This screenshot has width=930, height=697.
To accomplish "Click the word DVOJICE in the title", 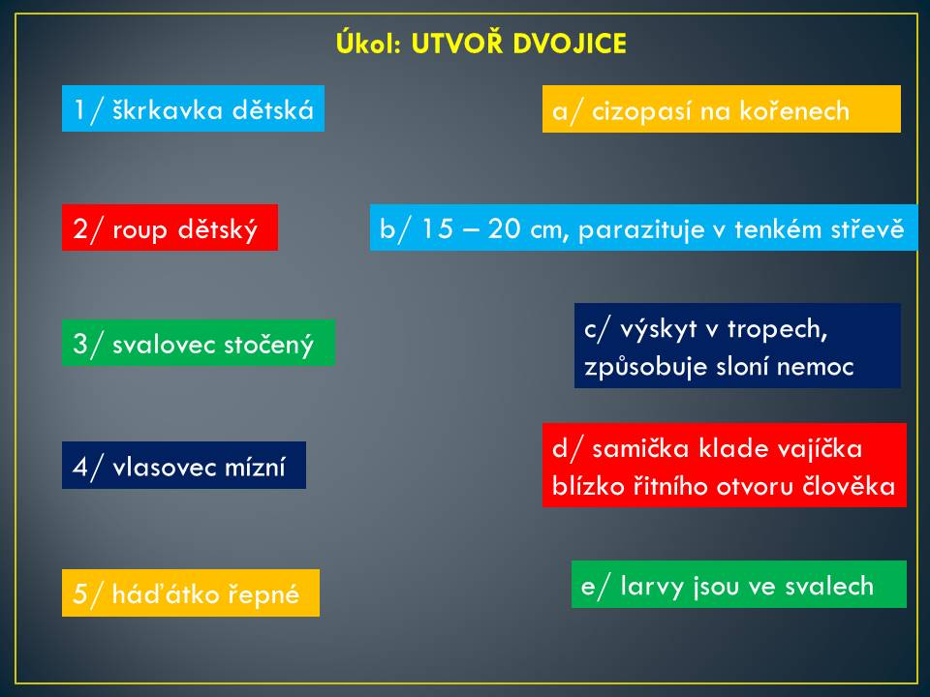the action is pyautogui.click(x=570, y=44).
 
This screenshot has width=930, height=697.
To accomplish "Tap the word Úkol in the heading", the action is pyautogui.click(x=369, y=44).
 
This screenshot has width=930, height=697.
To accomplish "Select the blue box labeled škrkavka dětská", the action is pyautogui.click(x=194, y=108).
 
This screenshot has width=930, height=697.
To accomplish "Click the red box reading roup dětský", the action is pyautogui.click(x=170, y=227).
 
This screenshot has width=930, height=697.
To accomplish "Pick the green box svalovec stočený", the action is pyautogui.click(x=198, y=343).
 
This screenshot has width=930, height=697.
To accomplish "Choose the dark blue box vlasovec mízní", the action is pyautogui.click(x=184, y=466).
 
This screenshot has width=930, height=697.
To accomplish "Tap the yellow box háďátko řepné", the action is pyautogui.click(x=191, y=592).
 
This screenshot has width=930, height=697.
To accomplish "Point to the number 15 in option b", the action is pyautogui.click(x=437, y=229).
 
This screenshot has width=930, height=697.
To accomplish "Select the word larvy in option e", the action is pyautogui.click(x=650, y=587).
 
